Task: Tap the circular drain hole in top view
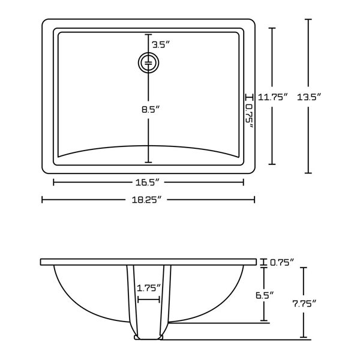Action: (148, 62)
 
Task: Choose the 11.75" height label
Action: (273, 96)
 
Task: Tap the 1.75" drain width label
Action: (148, 288)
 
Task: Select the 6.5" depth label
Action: (264, 294)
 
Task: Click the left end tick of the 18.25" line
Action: (42, 199)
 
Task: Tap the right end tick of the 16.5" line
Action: (243, 182)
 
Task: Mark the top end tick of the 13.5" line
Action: (308, 20)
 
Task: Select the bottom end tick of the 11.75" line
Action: (273, 164)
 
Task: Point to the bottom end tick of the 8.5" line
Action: (148, 162)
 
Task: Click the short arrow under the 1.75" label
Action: (148, 299)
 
